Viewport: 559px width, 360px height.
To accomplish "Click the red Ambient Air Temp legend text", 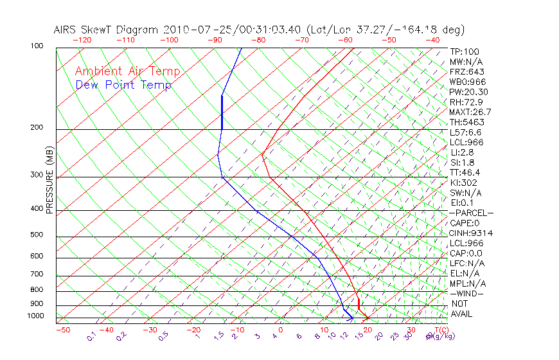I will pyautogui.click(x=127, y=71).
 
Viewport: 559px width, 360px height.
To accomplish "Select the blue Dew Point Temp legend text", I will pyautogui.click(x=123, y=85).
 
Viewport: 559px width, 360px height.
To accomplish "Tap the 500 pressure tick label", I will pyautogui.click(x=37, y=235).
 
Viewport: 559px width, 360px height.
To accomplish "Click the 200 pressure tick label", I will pyautogui.click(x=37, y=128).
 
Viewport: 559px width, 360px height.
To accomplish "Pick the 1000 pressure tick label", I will pyautogui.click(x=35, y=316).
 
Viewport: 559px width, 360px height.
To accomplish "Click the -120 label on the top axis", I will pyautogui.click(x=82, y=39).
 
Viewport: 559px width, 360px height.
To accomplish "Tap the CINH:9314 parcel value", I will pyautogui.click(x=471, y=233).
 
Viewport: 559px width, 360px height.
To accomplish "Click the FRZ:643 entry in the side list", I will pyautogui.click(x=467, y=71).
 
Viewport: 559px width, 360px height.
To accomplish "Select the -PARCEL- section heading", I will pyautogui.click(x=471, y=213).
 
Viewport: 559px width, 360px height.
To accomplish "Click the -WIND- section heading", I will pyautogui.click(x=466, y=293).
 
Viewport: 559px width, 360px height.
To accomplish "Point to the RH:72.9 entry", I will pyautogui.click(x=466, y=102).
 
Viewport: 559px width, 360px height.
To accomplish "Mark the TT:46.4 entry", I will pyautogui.click(x=465, y=172).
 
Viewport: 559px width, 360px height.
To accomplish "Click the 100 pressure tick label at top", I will pyautogui.click(x=37, y=46).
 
